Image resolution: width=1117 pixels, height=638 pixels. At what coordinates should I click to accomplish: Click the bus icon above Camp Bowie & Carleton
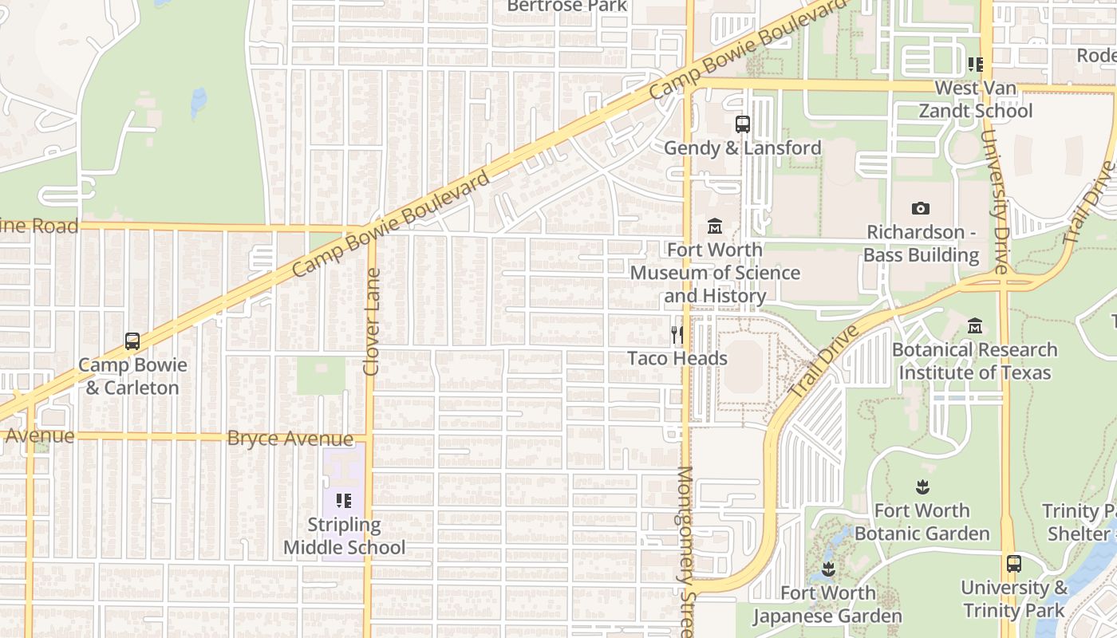pos(132,341)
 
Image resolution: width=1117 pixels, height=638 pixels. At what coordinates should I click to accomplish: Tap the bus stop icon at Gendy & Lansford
pos(742,124)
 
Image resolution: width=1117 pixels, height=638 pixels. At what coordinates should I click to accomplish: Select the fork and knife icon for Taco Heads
pos(677,334)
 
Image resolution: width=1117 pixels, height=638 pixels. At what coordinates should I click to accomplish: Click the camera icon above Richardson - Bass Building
pos(921,209)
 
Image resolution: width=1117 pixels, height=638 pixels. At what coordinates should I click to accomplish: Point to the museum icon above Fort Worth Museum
pos(715,226)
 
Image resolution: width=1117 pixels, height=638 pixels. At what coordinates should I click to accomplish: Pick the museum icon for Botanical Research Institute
pos(974,326)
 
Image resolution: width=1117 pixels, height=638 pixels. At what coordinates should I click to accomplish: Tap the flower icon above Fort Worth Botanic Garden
pos(922,486)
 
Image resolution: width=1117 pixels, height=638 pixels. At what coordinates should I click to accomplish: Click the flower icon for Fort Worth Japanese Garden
pos(827,569)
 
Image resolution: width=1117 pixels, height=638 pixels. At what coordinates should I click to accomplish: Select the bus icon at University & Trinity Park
pos(1013,564)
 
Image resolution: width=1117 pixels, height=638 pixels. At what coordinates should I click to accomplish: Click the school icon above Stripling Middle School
pos(344,501)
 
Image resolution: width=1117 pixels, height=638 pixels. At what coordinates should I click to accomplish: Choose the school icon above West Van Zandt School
pos(975,65)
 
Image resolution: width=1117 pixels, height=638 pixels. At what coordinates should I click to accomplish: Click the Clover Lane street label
pos(372,321)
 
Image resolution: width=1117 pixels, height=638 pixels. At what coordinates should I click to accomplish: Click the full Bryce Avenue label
pos(290,439)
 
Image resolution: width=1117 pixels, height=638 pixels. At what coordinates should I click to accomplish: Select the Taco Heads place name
pos(677,358)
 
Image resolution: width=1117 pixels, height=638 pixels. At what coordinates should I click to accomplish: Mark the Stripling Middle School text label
pos(344,536)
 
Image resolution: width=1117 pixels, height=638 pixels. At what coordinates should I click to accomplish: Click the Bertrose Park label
pos(566,6)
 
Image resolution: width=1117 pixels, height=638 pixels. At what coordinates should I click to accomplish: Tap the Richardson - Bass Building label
pos(921,243)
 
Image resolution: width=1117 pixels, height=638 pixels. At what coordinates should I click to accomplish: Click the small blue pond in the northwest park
pos(198,102)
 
